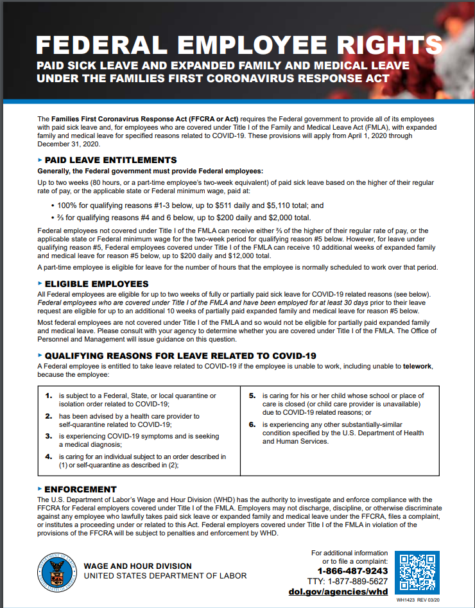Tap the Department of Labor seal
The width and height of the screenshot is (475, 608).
(58, 571)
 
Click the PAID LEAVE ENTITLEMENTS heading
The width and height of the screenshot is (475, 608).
(110, 160)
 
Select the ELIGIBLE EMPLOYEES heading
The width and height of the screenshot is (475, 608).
(96, 284)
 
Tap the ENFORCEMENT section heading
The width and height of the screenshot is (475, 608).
(80, 489)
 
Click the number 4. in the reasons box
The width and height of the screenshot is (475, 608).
(49, 456)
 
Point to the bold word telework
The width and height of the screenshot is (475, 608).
(417, 366)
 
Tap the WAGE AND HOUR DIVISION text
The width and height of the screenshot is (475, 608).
(137, 566)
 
